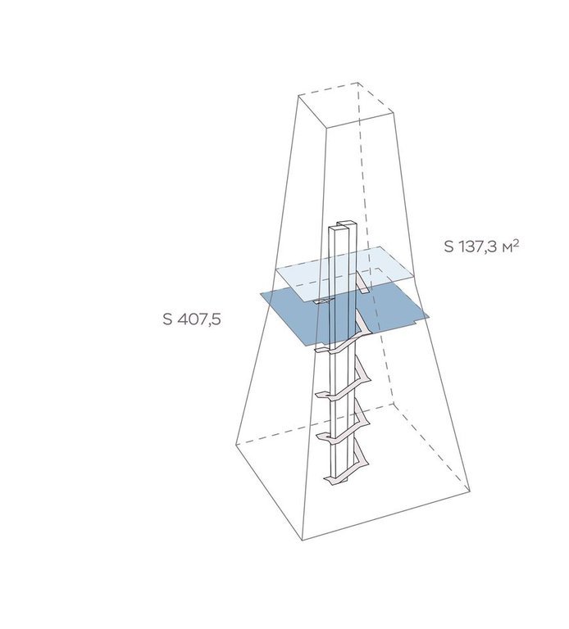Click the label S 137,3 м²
click(x=481, y=247)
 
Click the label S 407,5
click(x=192, y=319)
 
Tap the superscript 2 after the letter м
click(x=516, y=242)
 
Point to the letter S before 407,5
click(x=167, y=319)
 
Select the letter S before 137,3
click(x=448, y=247)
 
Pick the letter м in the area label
click(x=506, y=248)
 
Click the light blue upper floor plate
click(x=344, y=273)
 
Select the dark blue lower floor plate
click(x=344, y=317)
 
